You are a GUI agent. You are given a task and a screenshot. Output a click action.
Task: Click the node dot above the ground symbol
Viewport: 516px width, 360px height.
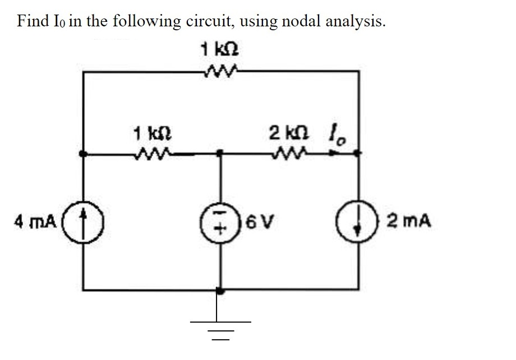(x=220, y=291)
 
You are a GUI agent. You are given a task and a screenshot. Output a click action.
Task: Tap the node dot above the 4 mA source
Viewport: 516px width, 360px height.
(x=83, y=153)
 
